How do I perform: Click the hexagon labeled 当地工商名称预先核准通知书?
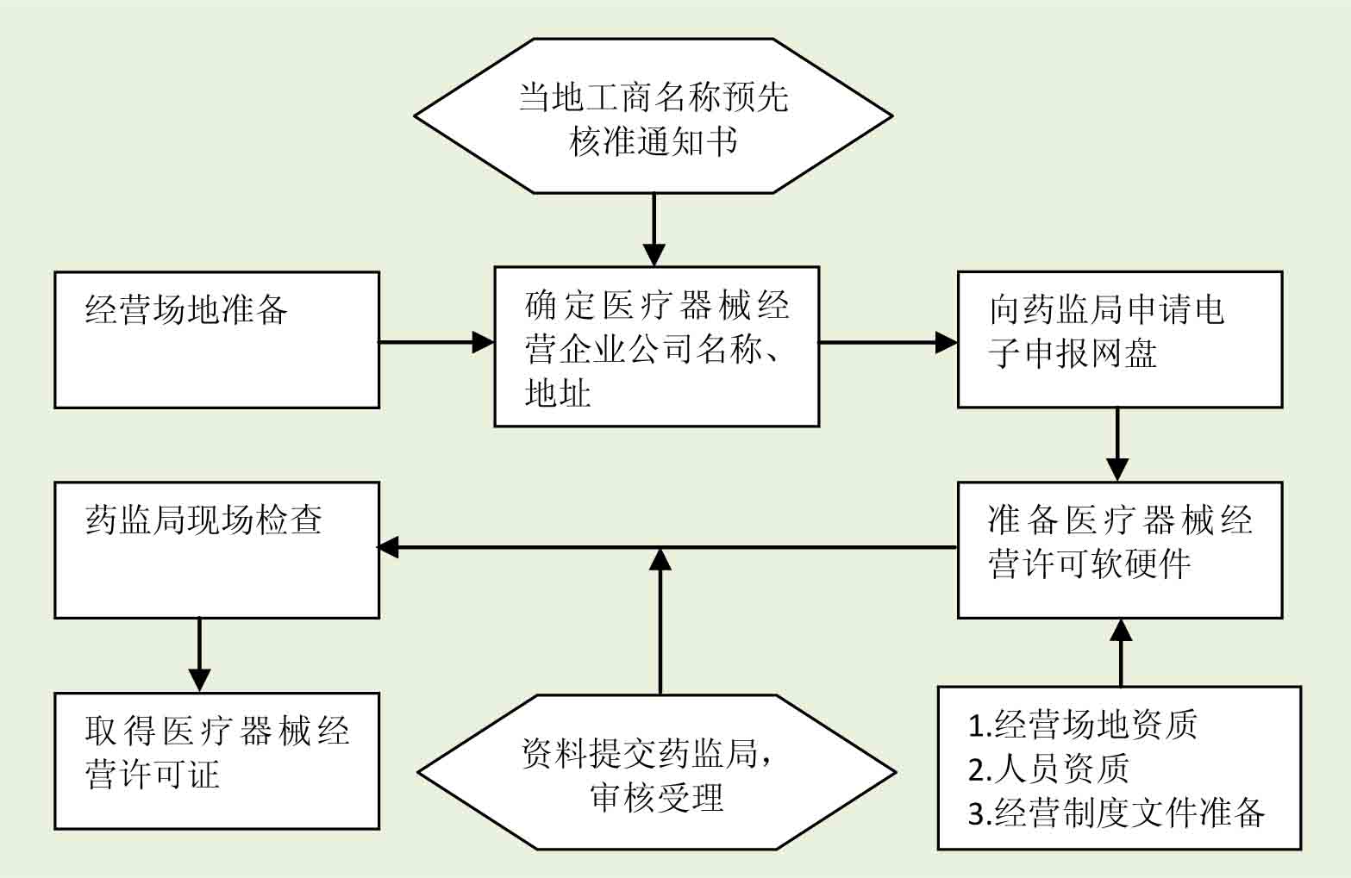(x=654, y=116)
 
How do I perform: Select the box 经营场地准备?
(x=216, y=339)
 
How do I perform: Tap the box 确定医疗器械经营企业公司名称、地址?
(x=656, y=346)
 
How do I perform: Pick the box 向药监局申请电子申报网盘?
(x=1119, y=339)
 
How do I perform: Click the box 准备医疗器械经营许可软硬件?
(x=1119, y=550)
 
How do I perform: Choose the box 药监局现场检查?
(x=216, y=550)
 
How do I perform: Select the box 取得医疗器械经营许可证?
(x=216, y=761)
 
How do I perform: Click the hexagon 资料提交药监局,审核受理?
(x=657, y=773)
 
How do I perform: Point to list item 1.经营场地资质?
(x=1083, y=725)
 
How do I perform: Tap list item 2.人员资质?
(x=1048, y=769)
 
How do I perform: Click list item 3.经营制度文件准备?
(x=1116, y=813)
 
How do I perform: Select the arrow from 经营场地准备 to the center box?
(x=435, y=342)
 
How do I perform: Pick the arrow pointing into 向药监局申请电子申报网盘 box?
(x=887, y=342)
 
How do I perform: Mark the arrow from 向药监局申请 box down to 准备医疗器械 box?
(x=1117, y=444)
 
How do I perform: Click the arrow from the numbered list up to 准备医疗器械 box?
(x=1121, y=652)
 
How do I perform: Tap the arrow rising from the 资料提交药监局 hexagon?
(x=660, y=620)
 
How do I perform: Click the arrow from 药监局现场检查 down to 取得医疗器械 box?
(x=199, y=655)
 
